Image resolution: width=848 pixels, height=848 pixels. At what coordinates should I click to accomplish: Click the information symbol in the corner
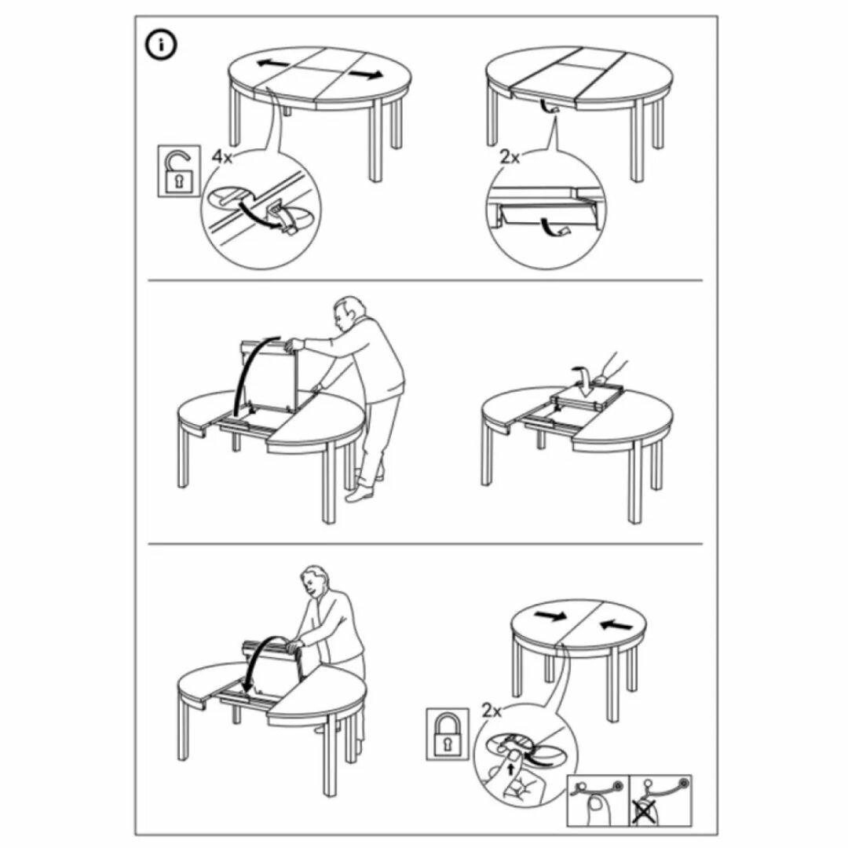161,46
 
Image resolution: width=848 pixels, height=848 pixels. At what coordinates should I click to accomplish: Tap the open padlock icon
178,171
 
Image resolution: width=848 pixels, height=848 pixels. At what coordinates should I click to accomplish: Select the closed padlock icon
448,734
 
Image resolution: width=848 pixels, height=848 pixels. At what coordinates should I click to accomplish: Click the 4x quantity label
221,157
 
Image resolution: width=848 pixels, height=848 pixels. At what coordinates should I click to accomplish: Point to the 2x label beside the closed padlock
492,711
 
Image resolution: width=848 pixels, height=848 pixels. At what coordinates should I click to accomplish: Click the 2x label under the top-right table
510,157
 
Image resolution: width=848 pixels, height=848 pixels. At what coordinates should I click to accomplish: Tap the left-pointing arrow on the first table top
273,64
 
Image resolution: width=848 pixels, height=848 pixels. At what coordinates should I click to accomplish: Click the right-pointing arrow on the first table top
366,75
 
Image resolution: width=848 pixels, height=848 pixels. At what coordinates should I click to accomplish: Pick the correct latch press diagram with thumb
598,800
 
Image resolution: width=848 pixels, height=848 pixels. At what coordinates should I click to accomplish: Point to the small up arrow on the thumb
512,768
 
